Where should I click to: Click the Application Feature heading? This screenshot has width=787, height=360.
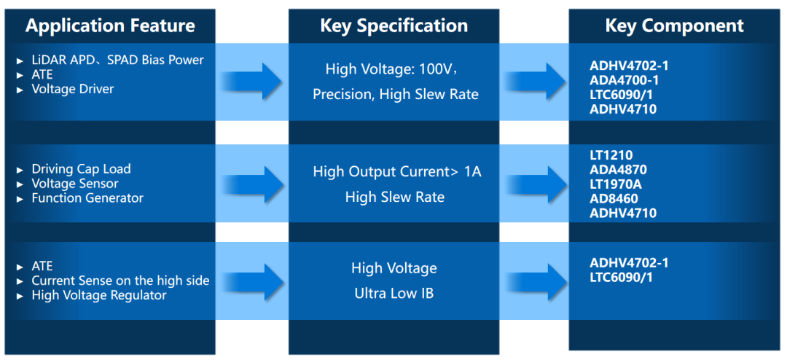point(110,26)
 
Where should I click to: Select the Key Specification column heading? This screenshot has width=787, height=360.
point(394,26)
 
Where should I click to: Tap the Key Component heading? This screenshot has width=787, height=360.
point(675,26)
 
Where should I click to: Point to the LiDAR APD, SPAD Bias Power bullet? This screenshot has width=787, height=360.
point(117,60)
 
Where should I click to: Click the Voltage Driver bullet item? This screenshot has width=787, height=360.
point(73,90)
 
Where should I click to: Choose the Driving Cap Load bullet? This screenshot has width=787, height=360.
point(81,168)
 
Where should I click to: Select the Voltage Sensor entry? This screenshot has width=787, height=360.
point(75,183)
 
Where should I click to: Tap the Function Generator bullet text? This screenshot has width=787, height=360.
point(87,197)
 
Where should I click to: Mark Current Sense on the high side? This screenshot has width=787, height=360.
point(120,281)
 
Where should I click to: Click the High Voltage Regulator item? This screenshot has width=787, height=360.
point(99,295)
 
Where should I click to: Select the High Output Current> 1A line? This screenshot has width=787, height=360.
point(397,172)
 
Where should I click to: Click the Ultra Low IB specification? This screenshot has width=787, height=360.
point(394,293)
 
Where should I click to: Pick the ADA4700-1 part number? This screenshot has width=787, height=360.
point(624,80)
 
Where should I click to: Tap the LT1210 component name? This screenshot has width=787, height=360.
point(611,156)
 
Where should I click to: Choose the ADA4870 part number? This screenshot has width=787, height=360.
point(619,170)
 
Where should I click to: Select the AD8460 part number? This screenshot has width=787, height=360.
point(614,199)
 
